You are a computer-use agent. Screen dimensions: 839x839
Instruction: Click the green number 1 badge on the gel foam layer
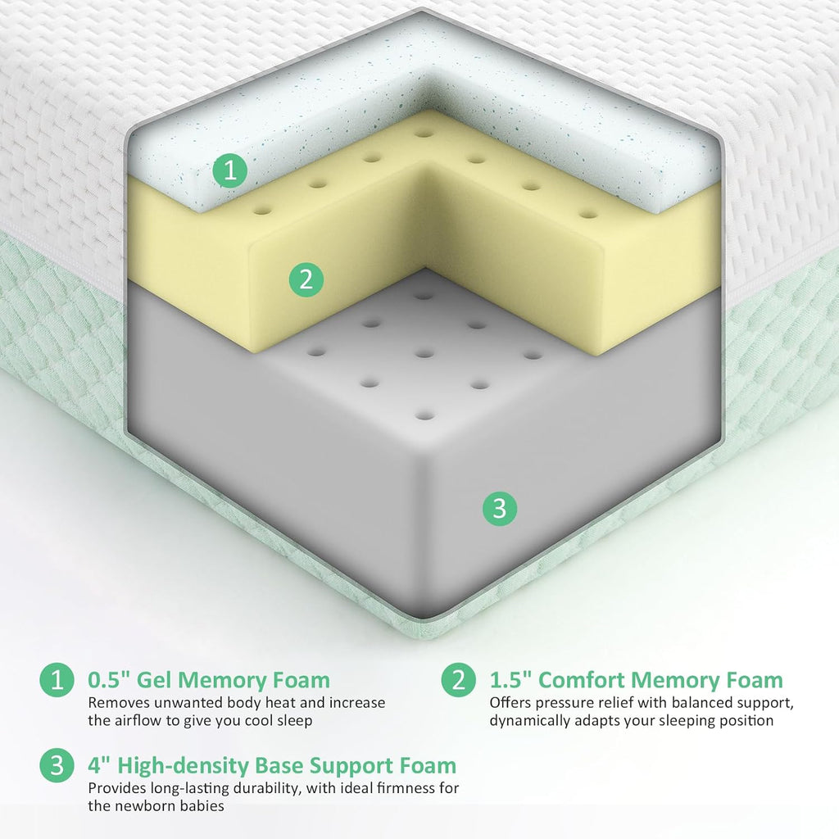[230, 170]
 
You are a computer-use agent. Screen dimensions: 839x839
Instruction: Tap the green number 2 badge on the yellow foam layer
[306, 279]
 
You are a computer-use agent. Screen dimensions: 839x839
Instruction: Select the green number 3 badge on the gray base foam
[499, 508]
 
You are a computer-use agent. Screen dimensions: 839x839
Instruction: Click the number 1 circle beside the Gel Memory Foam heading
[57, 679]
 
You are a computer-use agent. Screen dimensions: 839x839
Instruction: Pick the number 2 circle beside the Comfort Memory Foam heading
[459, 679]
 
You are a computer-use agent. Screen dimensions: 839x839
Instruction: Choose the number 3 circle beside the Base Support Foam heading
[57, 765]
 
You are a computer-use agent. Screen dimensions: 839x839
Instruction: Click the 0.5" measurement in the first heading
[109, 679]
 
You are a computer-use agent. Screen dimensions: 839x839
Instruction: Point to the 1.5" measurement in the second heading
[510, 679]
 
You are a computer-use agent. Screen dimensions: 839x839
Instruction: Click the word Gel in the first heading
[153, 679]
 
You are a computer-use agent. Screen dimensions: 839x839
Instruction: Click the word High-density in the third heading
[183, 766]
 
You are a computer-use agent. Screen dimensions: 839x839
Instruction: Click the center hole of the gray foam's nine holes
[424, 354]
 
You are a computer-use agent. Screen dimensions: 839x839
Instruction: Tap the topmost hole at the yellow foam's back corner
[424, 133]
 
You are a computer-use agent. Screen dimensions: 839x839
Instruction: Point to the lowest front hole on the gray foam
[425, 415]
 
